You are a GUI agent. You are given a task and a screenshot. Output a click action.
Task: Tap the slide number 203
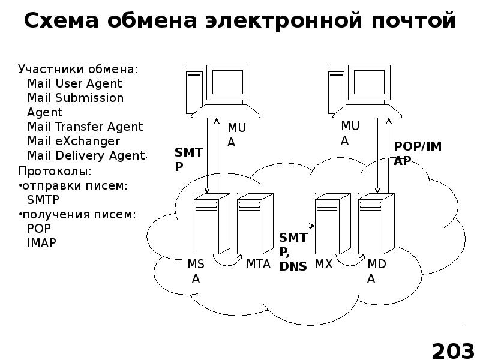[x=453, y=350]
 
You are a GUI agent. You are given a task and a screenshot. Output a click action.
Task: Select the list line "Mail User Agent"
[x=74, y=83]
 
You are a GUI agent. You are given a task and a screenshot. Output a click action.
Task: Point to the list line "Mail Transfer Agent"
[x=85, y=127]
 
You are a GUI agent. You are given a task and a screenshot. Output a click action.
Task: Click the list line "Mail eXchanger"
[x=74, y=141]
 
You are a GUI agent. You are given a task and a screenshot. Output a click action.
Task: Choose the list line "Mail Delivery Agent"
[x=86, y=155]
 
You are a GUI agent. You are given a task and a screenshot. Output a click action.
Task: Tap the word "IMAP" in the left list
[x=41, y=242]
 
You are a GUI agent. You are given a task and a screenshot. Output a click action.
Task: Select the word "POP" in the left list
[x=39, y=228]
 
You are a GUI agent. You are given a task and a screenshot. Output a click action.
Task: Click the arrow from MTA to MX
[x=295, y=225]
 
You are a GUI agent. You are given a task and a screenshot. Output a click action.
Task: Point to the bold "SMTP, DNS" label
[x=293, y=252]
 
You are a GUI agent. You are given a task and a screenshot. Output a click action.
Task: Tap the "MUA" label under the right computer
[x=350, y=133]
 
